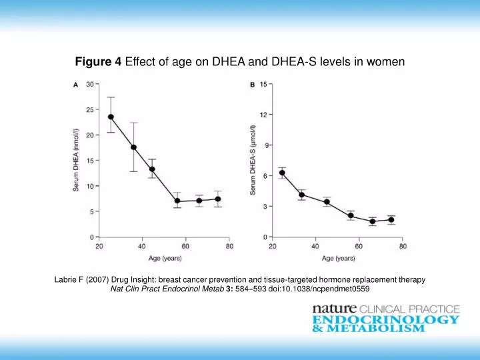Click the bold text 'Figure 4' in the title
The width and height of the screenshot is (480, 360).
[98, 62]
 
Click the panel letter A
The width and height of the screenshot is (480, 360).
[75, 85]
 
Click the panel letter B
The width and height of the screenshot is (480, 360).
[252, 85]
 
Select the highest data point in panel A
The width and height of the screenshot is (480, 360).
[111, 117]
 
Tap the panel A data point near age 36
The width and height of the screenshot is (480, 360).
[133, 147]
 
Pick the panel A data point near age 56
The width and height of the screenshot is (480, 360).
[177, 201]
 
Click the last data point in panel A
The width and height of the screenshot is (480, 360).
[218, 199]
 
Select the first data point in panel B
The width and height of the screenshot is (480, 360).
[282, 173]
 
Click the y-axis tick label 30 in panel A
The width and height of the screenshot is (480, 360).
[89, 84]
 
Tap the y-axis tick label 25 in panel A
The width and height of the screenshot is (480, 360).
[89, 109]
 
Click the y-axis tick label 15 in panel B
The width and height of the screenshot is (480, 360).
[264, 84]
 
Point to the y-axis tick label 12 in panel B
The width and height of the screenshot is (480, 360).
[264, 115]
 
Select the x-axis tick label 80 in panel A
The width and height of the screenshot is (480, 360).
[229, 247]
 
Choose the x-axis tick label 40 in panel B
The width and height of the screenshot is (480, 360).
[316, 247]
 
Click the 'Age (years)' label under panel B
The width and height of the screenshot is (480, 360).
[338, 258]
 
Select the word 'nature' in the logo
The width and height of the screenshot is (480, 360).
[335, 309]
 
